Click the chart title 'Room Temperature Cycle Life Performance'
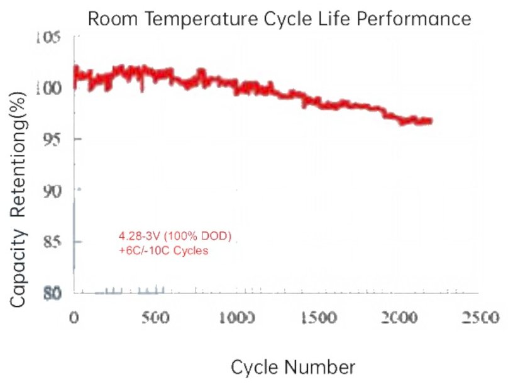(279, 18)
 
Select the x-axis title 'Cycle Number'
(293, 367)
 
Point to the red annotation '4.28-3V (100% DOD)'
(175, 237)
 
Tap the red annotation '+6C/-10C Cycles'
(163, 250)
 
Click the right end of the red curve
(431, 121)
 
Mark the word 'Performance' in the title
(418, 18)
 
